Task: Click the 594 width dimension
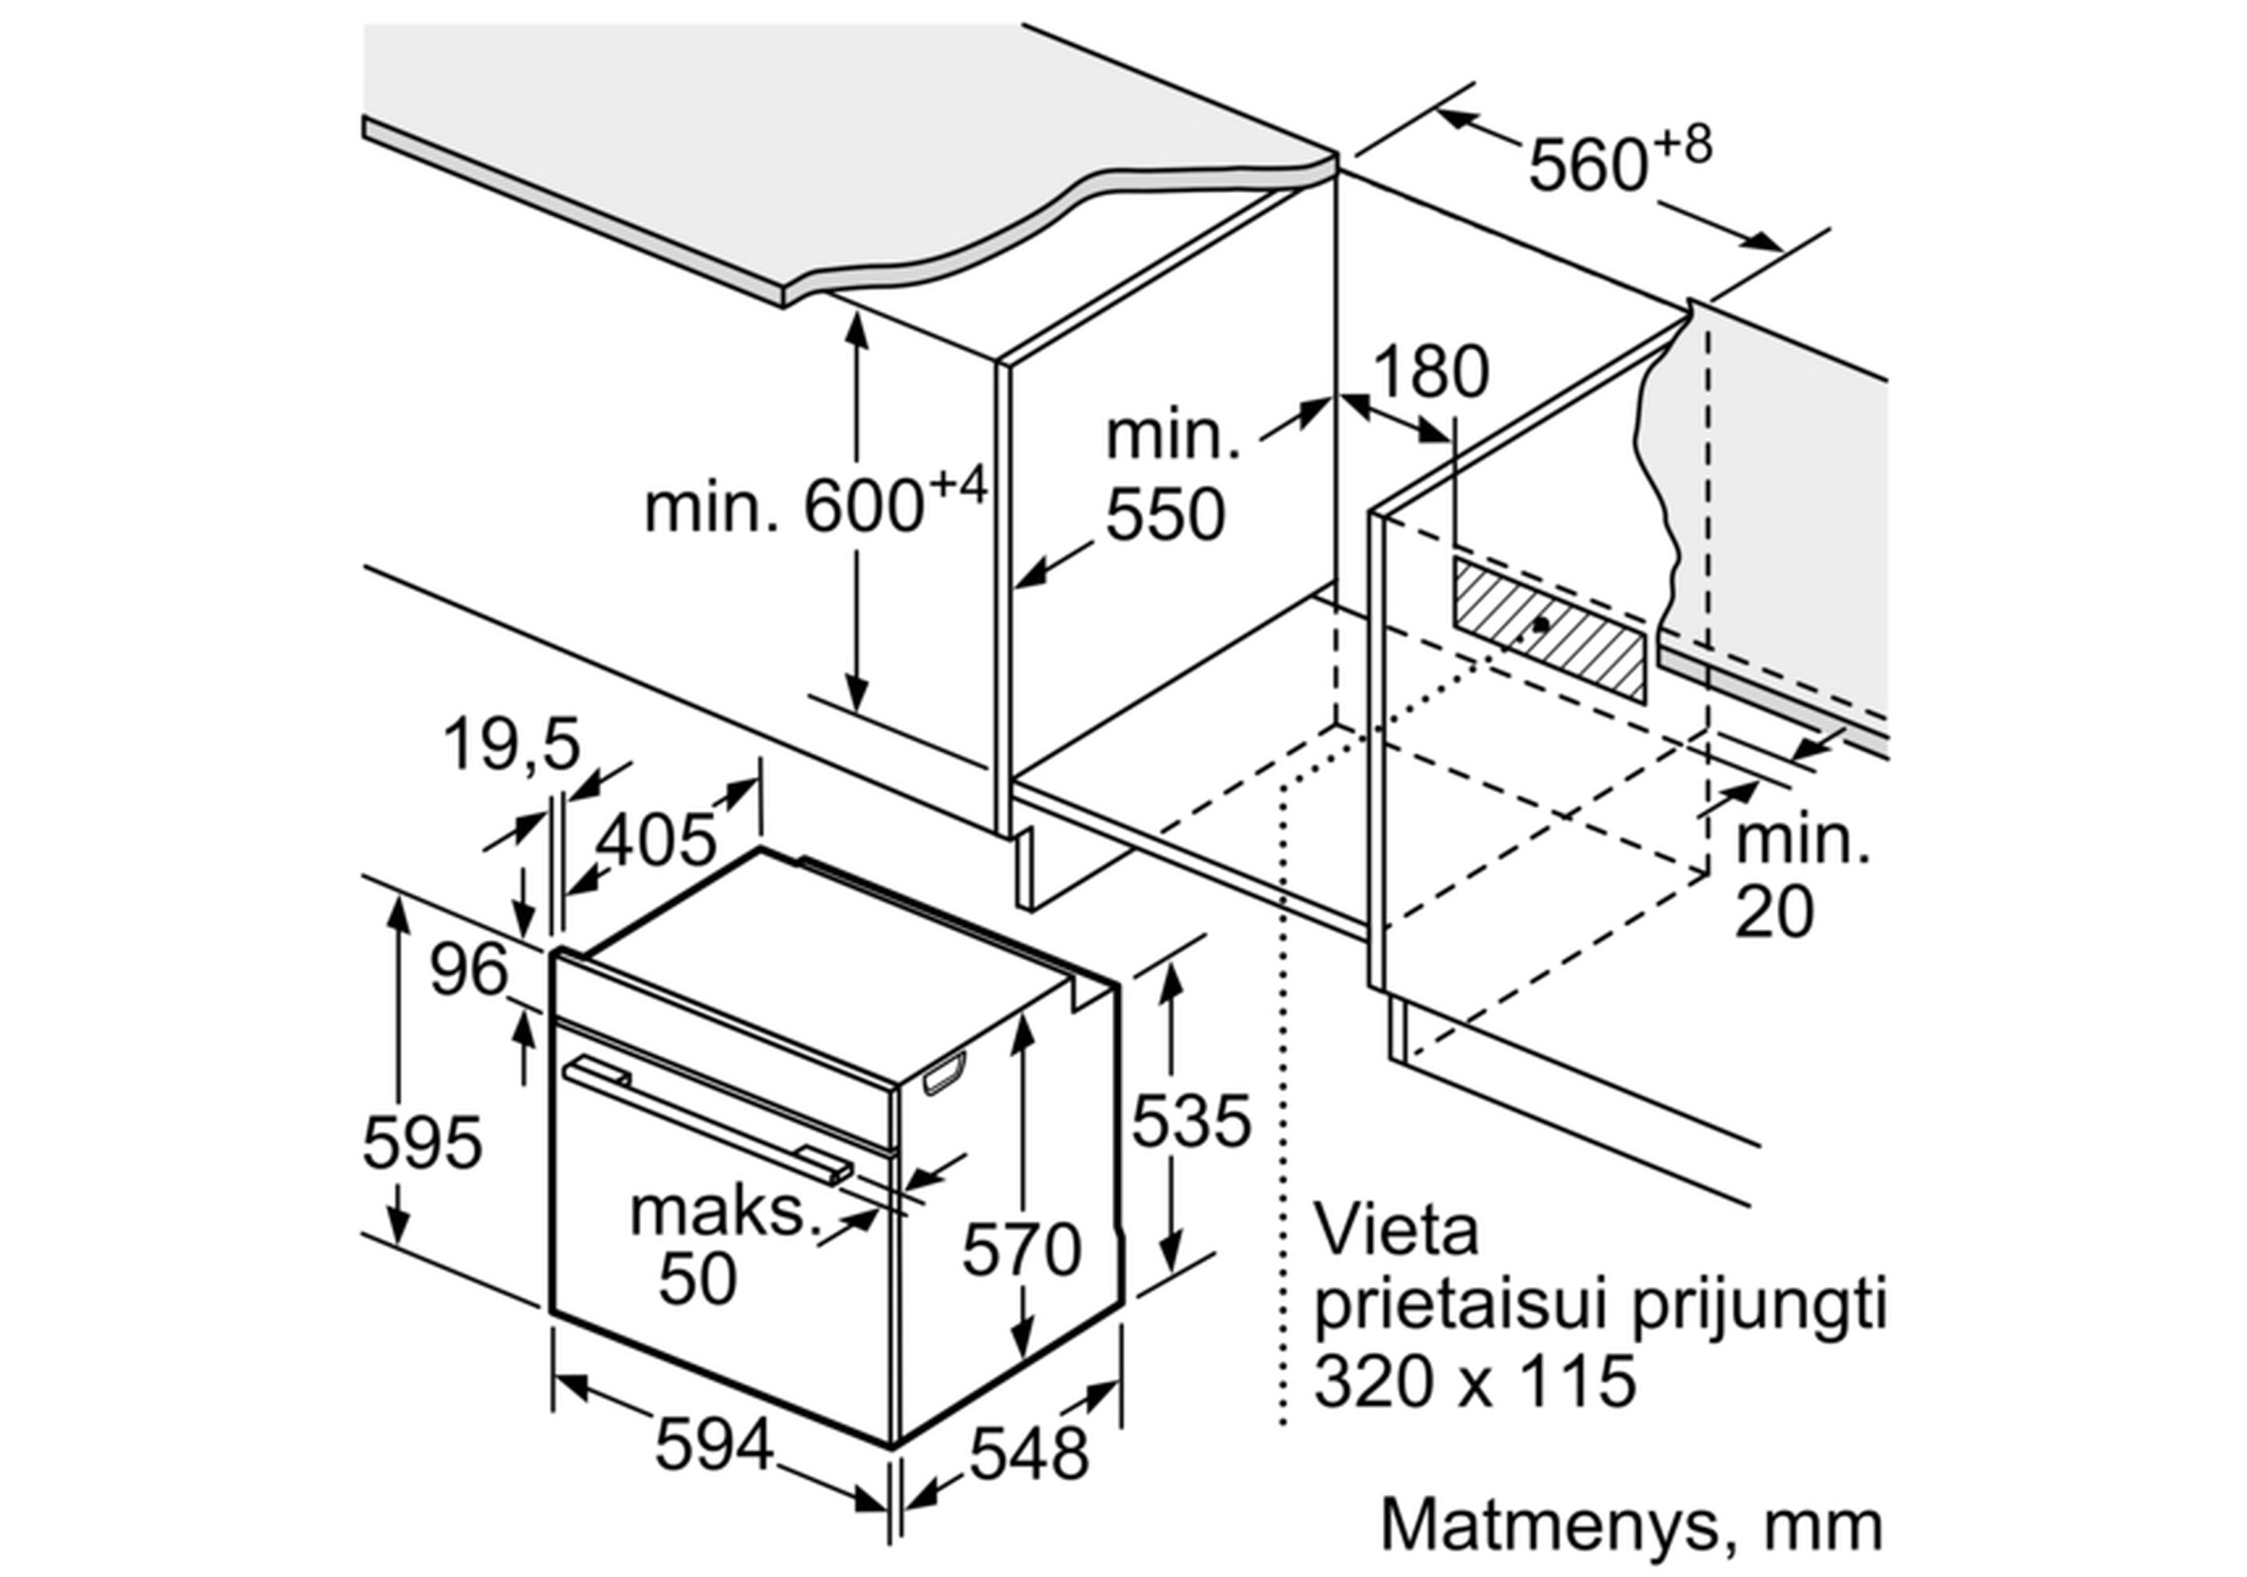point(714,1445)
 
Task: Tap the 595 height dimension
point(422,1142)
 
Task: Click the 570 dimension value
point(1022,1249)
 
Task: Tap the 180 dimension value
point(1431,372)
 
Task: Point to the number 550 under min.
point(1164,515)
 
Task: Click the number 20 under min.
point(1774,912)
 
